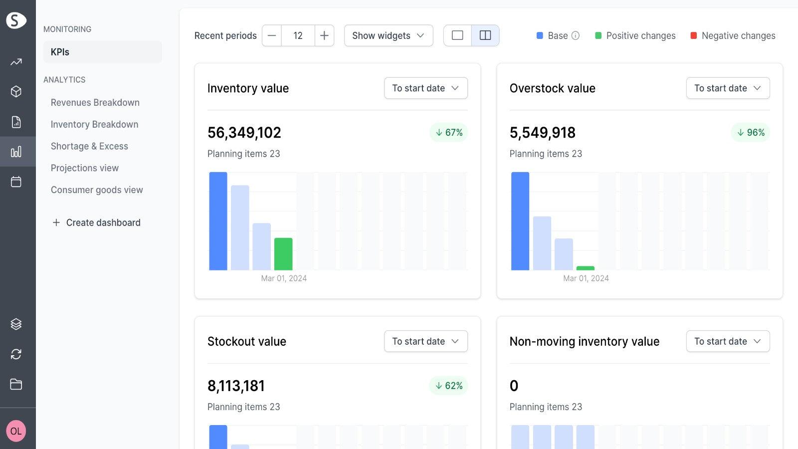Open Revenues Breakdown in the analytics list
click(x=95, y=102)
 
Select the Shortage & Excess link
click(x=89, y=146)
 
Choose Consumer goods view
click(x=97, y=190)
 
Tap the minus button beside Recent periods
click(x=272, y=35)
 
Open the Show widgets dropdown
click(x=388, y=35)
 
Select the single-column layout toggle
click(x=457, y=35)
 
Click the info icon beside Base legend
click(x=576, y=35)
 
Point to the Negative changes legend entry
click(x=733, y=35)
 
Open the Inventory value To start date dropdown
click(x=425, y=88)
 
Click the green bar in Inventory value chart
click(x=283, y=254)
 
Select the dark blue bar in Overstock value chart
click(x=520, y=221)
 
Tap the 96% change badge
click(x=751, y=132)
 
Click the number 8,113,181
click(x=236, y=386)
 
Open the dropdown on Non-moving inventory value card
click(x=728, y=341)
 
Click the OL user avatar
click(x=16, y=431)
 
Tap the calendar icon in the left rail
click(x=16, y=182)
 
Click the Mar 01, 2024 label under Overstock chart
click(x=586, y=278)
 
